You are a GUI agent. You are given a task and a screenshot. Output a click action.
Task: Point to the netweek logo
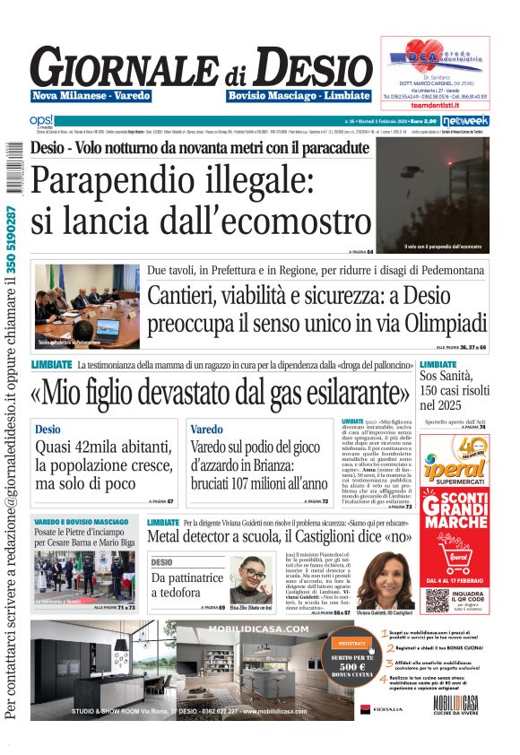tap(465, 119)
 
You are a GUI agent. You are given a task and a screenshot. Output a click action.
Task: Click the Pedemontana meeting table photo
tap(87, 306)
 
